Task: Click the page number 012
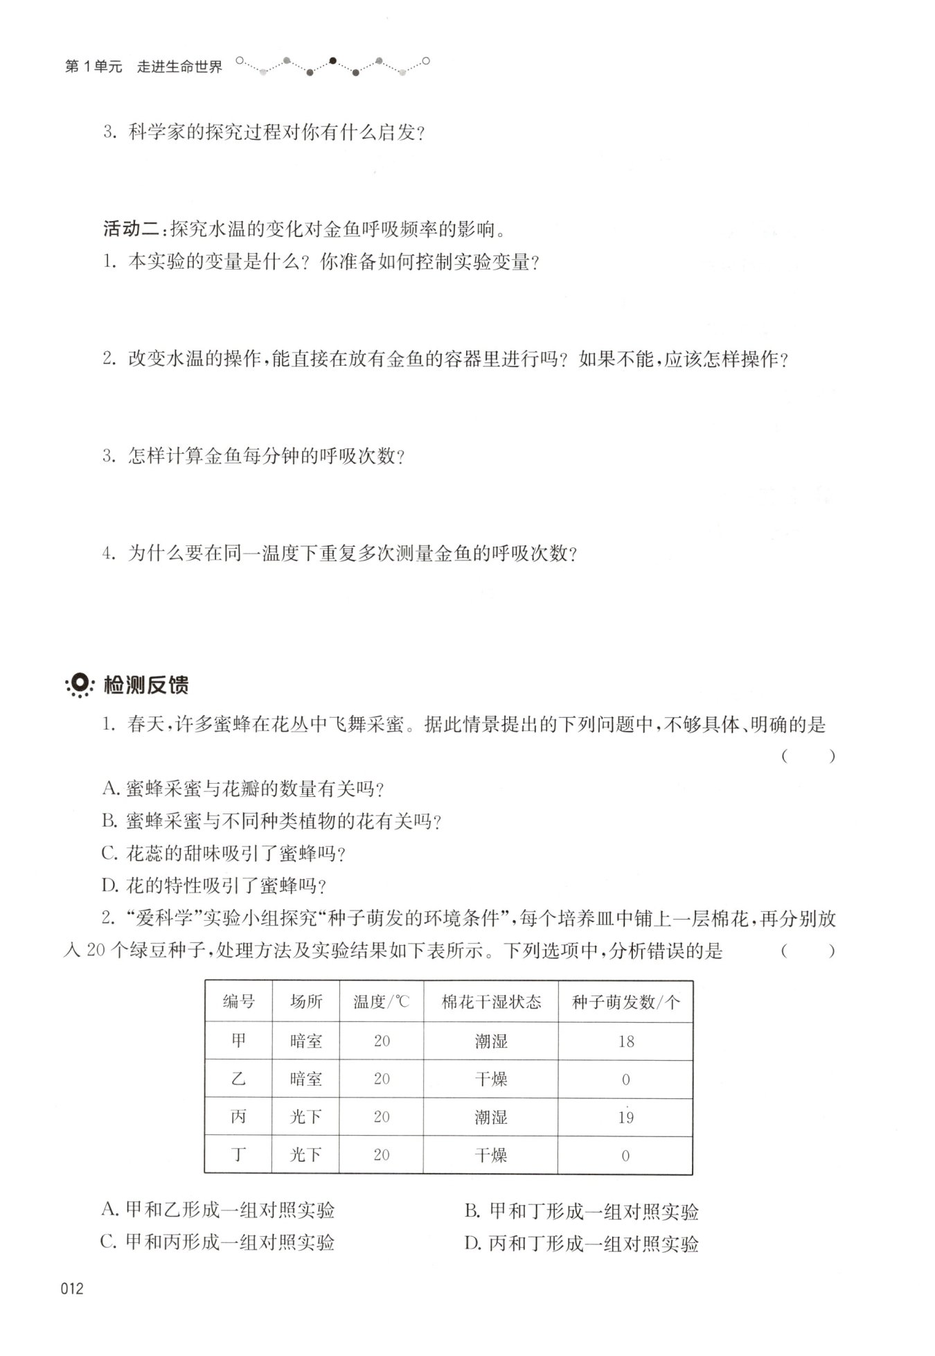click(73, 1289)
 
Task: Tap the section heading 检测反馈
click(146, 685)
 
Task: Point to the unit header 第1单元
click(93, 67)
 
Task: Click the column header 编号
click(238, 1002)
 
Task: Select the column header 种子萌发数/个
click(625, 1003)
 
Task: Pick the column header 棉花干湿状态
click(491, 1003)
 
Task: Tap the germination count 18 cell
click(625, 1041)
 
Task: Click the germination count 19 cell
click(625, 1117)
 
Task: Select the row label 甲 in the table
click(238, 1041)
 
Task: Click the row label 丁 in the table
click(238, 1154)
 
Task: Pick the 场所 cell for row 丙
click(305, 1117)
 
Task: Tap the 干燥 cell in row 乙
click(491, 1079)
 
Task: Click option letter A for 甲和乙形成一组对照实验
click(110, 1210)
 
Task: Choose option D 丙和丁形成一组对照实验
click(582, 1244)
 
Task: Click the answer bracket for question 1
click(808, 757)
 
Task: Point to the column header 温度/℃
click(381, 1003)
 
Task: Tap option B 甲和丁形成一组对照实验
click(582, 1211)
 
